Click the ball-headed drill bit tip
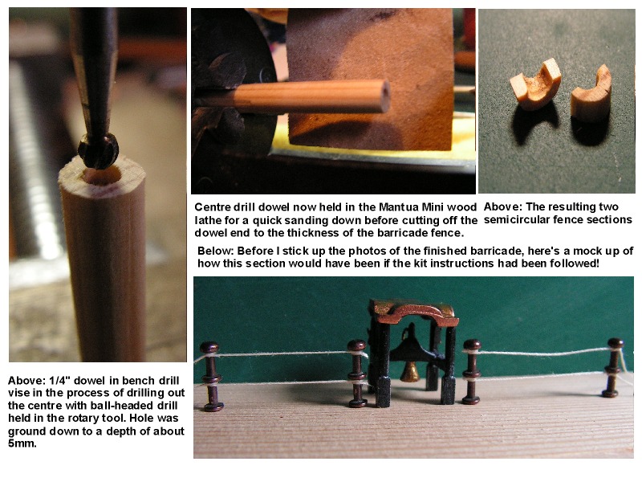98,151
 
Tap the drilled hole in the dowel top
103,175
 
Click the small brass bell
409,372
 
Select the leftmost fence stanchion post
210,376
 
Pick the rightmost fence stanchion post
613,368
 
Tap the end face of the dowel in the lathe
384,96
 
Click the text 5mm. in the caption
22,443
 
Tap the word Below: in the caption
215,251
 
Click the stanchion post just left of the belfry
357,374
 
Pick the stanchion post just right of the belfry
471,371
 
